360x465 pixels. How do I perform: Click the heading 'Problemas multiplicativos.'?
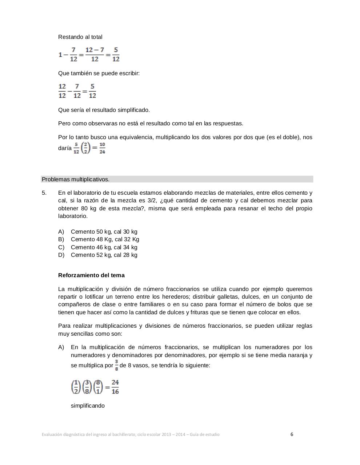coord(76,179)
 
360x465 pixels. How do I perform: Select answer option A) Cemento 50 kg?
coord(104,232)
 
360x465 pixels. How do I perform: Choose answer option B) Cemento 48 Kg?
coord(105,239)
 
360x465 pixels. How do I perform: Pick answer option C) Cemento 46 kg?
coord(104,247)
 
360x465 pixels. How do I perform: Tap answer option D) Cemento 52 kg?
coord(104,255)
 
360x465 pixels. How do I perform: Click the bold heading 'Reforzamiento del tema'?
coord(91,275)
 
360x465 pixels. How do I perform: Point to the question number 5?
coord(44,193)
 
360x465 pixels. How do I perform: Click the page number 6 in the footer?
coord(292,434)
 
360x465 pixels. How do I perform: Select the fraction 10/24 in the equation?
coord(102,148)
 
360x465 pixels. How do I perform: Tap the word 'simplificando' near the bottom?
coord(88,406)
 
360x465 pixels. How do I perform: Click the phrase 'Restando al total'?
coord(80,37)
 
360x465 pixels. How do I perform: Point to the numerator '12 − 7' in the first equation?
coord(95,50)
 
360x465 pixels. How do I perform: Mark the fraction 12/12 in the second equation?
coord(62,91)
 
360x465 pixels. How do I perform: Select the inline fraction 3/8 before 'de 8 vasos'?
coord(117,365)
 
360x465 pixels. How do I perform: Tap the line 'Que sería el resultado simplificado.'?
coord(104,110)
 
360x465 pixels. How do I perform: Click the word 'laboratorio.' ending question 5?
coord(73,216)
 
